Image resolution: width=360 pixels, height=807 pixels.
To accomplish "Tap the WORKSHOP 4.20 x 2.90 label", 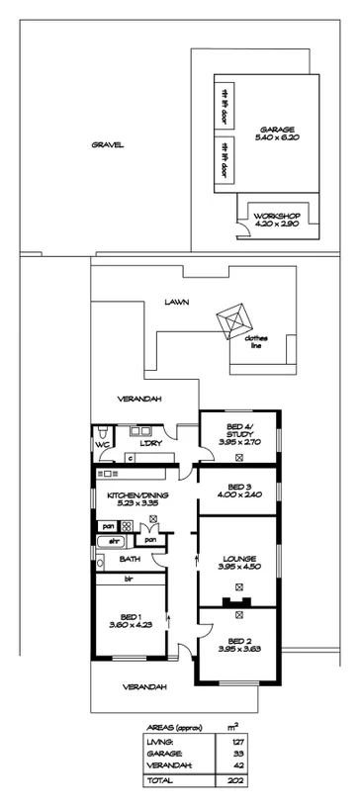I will click(x=276, y=221).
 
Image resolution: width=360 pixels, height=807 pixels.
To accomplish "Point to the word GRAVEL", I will click(x=107, y=144).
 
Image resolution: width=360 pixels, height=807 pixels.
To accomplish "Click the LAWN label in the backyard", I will click(x=178, y=303).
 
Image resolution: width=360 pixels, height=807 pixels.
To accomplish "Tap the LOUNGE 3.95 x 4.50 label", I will click(x=236, y=561).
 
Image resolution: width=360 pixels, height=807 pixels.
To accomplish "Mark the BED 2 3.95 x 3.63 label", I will click(x=236, y=643).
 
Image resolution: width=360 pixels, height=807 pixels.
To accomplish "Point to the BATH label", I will click(x=131, y=560).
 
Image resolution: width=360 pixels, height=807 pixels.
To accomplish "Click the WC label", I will click(x=101, y=445).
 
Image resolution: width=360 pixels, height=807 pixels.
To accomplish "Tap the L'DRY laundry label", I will click(x=151, y=443).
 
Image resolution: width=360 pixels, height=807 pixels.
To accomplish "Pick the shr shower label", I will click(x=114, y=541).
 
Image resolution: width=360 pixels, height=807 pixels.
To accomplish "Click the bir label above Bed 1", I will click(x=129, y=580).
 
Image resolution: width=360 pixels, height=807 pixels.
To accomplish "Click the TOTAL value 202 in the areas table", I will click(x=235, y=780).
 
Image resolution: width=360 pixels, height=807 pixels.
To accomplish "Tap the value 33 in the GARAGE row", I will click(x=235, y=753).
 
